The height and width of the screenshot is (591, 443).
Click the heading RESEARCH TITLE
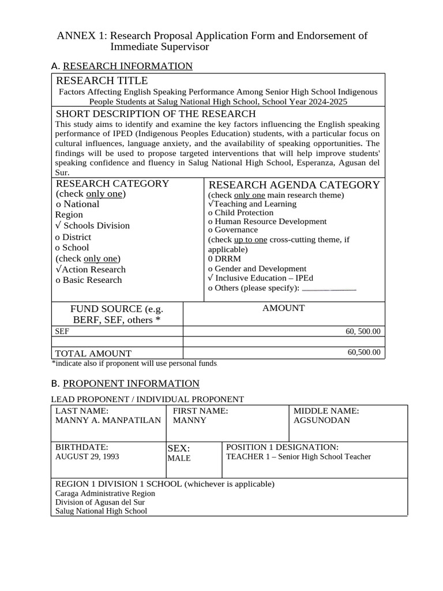tap(102, 80)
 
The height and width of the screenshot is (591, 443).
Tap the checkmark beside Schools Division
tap(58, 226)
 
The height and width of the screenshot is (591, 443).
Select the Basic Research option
tap(88, 280)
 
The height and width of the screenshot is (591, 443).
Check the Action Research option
tap(91, 270)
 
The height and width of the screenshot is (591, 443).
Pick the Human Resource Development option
tap(267, 222)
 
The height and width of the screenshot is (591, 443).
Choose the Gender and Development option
tap(257, 268)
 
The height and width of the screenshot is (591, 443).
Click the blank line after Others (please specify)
tap(329, 289)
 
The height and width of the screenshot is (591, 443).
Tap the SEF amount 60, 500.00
tap(363, 331)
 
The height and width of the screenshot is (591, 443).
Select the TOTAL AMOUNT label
tap(93, 353)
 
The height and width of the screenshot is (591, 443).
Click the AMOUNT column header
tap(283, 308)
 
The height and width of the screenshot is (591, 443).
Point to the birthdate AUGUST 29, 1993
tap(87, 456)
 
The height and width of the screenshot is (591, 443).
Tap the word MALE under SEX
tap(179, 458)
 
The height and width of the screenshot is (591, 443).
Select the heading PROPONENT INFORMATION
tap(131, 383)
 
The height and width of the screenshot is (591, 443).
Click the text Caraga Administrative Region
tap(105, 493)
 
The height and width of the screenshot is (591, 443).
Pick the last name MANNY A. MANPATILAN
tap(108, 420)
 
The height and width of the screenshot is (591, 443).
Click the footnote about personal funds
tap(134, 364)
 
